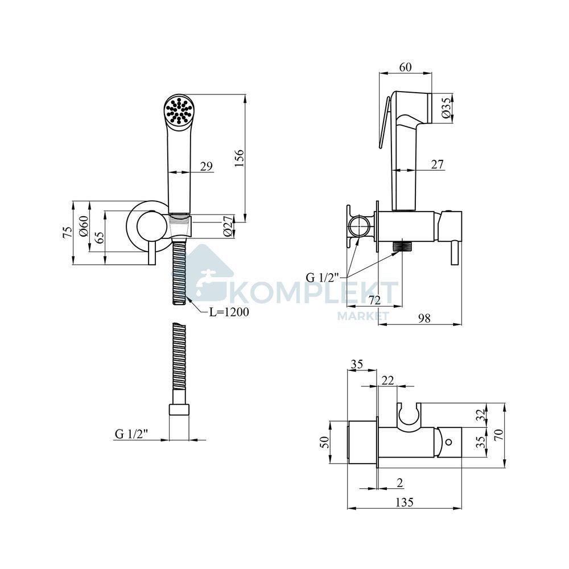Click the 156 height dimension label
pyautogui.click(x=239, y=158)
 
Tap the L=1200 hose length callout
pyautogui.click(x=229, y=312)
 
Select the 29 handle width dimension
pyautogui.click(x=207, y=166)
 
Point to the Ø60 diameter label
pyautogui.click(x=84, y=226)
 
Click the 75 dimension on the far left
pyautogui.click(x=68, y=232)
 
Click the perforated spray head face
pyautogui.click(x=178, y=110)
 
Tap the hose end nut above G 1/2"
pyautogui.click(x=180, y=410)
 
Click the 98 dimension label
pyautogui.click(x=424, y=318)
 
